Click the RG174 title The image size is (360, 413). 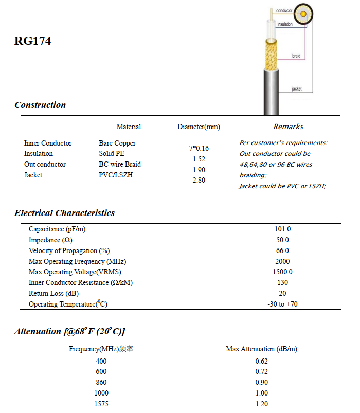(33, 41)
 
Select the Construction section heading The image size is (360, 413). (40, 105)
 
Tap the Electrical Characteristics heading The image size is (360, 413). (64, 213)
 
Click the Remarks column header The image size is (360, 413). (288, 127)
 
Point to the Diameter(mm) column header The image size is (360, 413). (199, 127)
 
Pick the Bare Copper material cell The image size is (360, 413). (117, 143)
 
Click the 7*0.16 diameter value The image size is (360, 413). (199, 148)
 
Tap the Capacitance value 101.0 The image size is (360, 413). (282, 229)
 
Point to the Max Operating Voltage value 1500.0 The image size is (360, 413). (282, 272)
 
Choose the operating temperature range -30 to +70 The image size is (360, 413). (282, 304)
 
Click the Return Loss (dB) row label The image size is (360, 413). (53, 293)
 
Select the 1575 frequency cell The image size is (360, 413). (101, 404)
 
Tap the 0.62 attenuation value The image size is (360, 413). (261, 361)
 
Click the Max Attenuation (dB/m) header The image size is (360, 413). (261, 349)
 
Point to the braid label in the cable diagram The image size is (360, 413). (296, 56)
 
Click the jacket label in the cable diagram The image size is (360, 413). (297, 89)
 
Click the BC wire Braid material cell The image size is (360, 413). (120, 164)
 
